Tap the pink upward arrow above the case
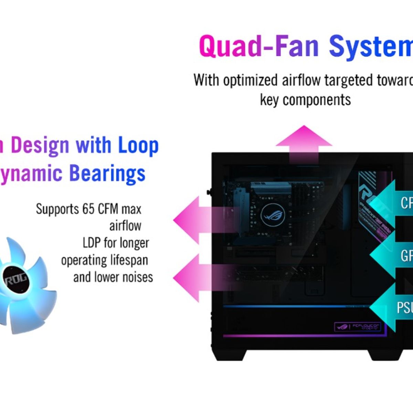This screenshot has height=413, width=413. click(304, 143)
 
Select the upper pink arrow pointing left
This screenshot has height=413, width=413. click(200, 220)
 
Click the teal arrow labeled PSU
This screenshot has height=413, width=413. click(392, 307)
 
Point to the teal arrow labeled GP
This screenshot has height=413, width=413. click(392, 255)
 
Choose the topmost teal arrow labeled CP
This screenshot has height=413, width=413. click(392, 202)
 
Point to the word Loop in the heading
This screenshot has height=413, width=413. click(138, 145)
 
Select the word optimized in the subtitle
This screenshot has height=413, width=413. click(250, 80)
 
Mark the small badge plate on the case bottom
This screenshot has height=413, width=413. click(358, 327)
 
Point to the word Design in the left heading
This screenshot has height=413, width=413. click(40, 145)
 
